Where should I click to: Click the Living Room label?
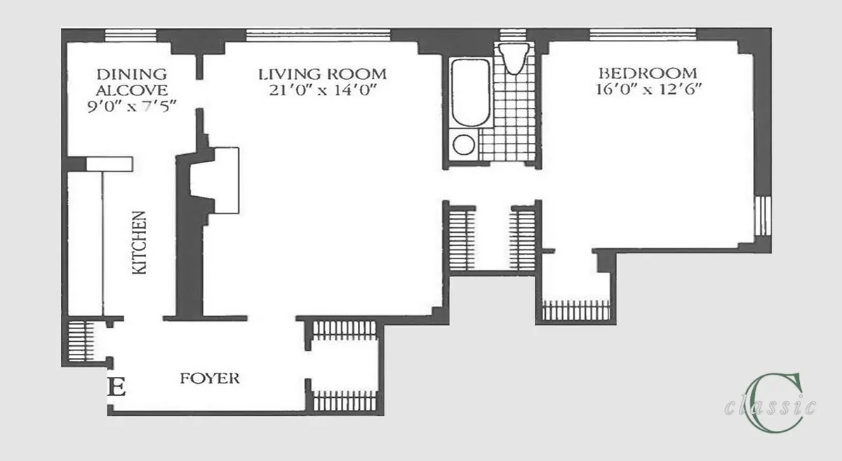click(322, 74)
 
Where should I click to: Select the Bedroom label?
click(647, 73)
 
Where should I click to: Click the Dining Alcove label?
click(132, 81)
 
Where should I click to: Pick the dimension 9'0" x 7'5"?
click(132, 106)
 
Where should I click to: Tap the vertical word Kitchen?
click(140, 242)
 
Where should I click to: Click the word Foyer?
click(209, 379)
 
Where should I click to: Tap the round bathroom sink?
click(463, 145)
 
